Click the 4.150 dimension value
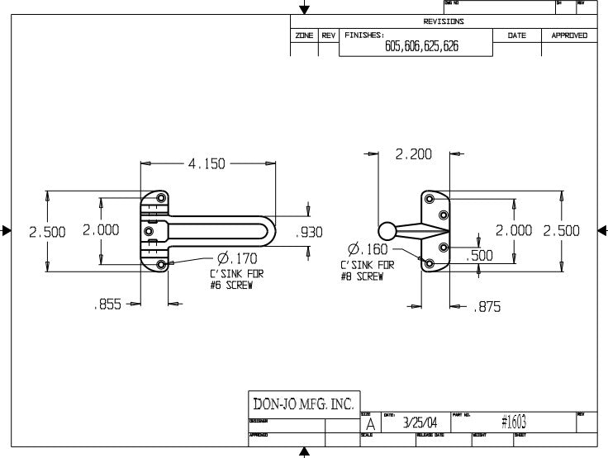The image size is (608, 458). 207,163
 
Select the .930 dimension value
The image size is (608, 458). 310,233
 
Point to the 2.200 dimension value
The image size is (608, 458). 414,153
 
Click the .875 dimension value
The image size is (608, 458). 487,307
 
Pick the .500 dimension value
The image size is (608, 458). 479,256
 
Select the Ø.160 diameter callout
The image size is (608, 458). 368,249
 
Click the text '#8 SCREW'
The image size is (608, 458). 363,276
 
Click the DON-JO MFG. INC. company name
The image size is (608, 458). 302,405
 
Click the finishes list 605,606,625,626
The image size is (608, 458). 421,47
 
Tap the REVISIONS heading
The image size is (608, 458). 444,22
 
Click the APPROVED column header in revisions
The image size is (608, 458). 569,35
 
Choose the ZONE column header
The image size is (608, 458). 303,35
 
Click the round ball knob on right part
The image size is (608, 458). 387,231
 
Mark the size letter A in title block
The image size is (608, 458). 370,424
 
